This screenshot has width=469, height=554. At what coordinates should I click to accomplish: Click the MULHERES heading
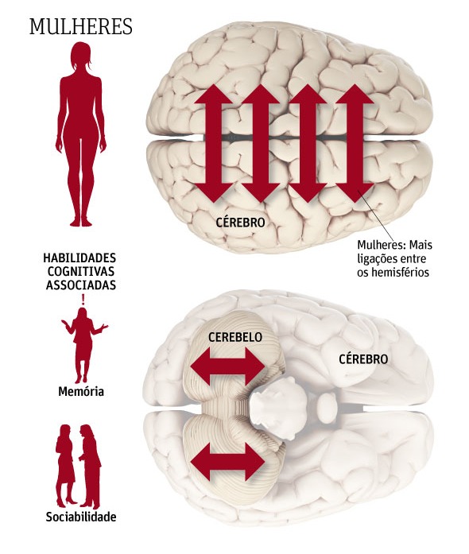[x=81, y=26]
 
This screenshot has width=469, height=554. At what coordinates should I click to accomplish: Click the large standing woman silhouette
[x=81, y=134]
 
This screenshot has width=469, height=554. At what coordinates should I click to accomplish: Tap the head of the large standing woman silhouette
[x=81, y=57]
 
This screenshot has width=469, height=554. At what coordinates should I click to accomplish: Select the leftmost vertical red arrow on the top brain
[x=214, y=143]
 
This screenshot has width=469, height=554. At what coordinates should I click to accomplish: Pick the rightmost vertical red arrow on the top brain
[x=355, y=143]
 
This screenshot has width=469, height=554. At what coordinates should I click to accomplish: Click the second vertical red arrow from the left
[x=261, y=143]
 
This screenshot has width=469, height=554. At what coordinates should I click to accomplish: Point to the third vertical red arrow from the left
[x=308, y=143]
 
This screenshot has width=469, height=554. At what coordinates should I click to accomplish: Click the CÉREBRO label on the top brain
[x=240, y=223]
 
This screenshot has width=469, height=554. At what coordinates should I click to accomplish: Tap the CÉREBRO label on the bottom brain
[x=363, y=359]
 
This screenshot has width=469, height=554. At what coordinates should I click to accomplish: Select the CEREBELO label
[x=235, y=337]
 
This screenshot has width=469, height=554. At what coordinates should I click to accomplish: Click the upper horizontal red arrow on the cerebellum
[x=227, y=366]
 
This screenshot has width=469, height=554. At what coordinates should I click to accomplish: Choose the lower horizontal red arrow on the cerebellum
[x=227, y=462]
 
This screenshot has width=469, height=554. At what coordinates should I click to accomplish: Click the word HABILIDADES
[x=79, y=258]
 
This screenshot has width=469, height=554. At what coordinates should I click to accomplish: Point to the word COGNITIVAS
[x=81, y=271]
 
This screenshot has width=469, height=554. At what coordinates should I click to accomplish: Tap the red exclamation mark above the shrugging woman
[x=83, y=300]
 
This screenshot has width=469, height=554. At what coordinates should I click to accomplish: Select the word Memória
[x=81, y=392]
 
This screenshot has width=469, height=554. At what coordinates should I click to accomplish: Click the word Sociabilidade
[x=81, y=517]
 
